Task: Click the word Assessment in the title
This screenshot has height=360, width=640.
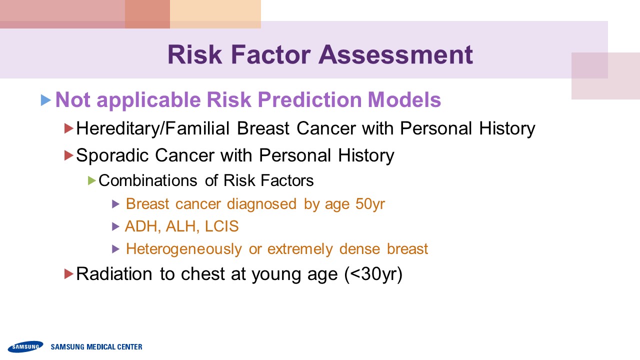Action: (x=395, y=54)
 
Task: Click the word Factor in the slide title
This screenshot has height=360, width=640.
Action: (x=271, y=54)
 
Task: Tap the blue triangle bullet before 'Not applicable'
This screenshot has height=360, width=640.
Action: (x=45, y=100)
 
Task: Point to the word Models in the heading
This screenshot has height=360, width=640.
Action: (x=404, y=99)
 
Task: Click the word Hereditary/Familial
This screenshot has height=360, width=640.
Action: (x=153, y=128)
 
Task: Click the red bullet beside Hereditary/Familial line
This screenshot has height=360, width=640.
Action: (x=69, y=128)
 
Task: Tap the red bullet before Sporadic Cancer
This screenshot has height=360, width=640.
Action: (x=69, y=155)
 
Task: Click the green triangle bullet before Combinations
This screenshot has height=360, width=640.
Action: (x=91, y=180)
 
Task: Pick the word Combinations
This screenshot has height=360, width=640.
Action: (x=147, y=180)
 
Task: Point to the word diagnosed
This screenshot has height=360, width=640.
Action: (x=261, y=204)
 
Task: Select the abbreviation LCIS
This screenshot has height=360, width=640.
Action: (x=221, y=226)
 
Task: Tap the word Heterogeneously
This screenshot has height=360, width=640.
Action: (x=184, y=249)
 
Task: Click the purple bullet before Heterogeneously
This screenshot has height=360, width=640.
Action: (x=115, y=249)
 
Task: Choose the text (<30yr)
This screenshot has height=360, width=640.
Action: (x=373, y=274)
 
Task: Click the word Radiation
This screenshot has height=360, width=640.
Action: (x=114, y=273)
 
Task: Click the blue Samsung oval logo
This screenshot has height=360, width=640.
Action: (x=25, y=346)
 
